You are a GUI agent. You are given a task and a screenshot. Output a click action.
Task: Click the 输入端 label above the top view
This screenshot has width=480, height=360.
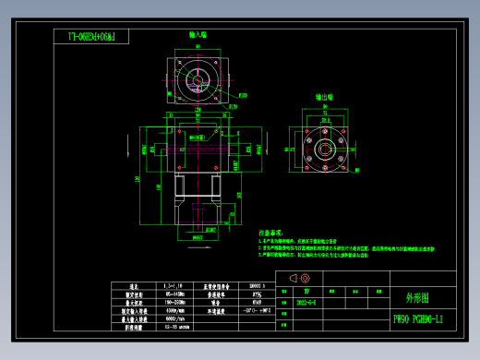point(198,34)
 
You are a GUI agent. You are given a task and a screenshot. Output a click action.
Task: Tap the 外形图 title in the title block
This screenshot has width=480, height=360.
point(417,298)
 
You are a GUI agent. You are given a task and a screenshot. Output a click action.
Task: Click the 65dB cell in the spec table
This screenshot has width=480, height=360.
point(254,302)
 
